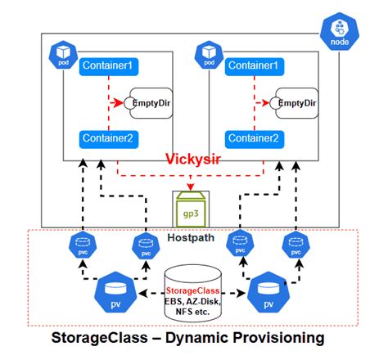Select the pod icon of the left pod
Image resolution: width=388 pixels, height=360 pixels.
[x=64, y=53]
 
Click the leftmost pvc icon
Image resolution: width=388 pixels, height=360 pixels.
[x=81, y=243]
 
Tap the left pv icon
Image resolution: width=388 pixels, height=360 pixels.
[x=112, y=292]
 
